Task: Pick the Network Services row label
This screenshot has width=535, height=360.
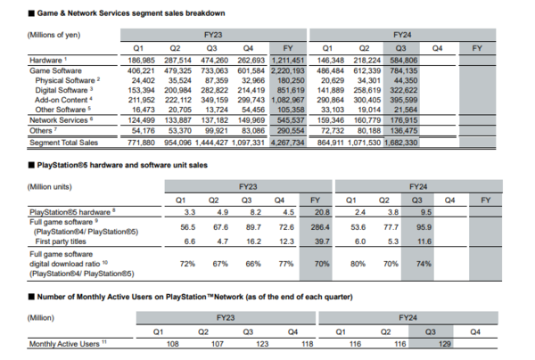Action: tap(58, 119)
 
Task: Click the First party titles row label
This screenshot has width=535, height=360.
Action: tap(60, 241)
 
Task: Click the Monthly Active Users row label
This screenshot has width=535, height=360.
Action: tap(66, 342)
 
